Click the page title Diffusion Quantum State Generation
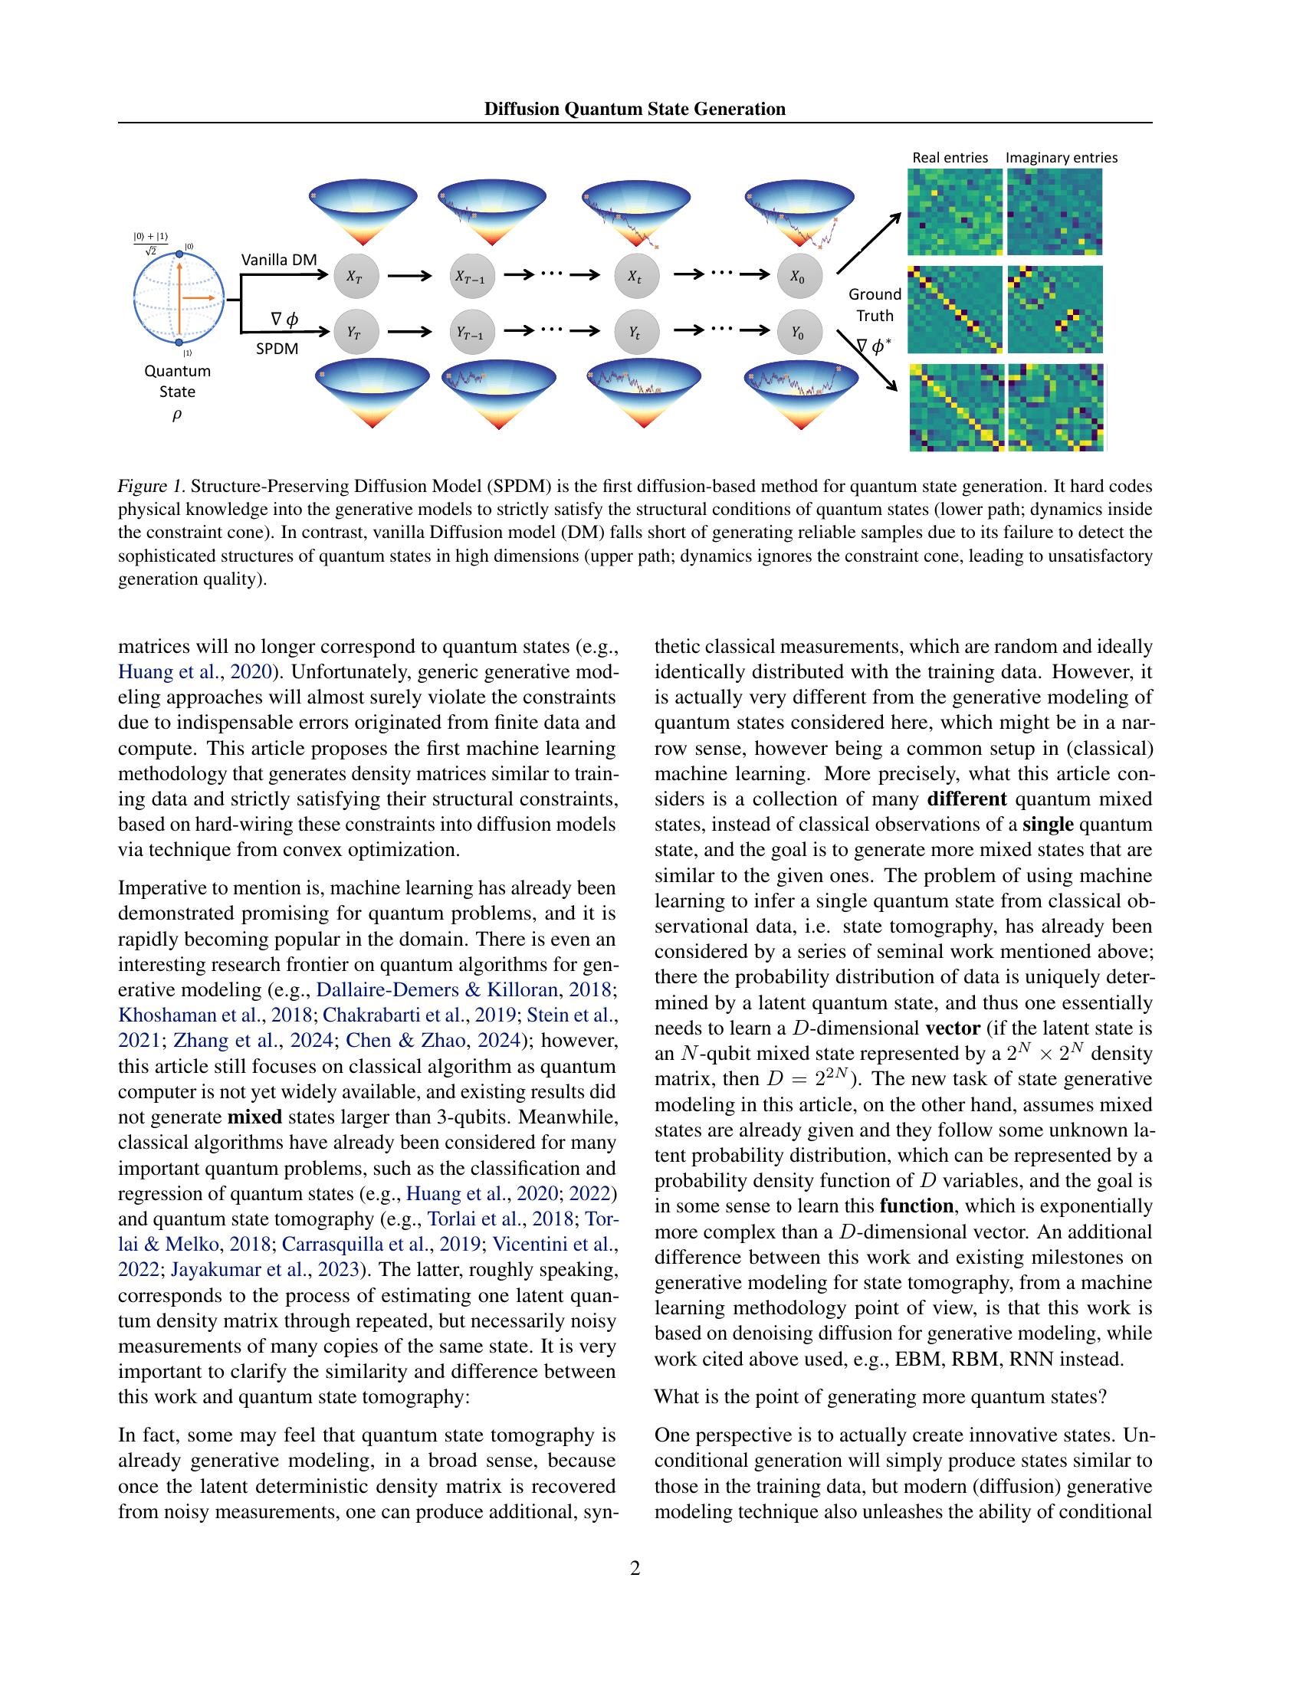635,109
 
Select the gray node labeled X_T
356,275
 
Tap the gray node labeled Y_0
799,333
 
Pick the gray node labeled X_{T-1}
471,275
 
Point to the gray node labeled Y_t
636,333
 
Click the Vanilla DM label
279,259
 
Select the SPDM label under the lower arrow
277,348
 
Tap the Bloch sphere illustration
179,297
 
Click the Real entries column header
950,157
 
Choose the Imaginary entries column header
1061,157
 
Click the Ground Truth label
875,305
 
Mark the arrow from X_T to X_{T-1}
409,275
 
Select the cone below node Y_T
373,394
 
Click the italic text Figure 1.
151,487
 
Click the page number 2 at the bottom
635,1568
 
